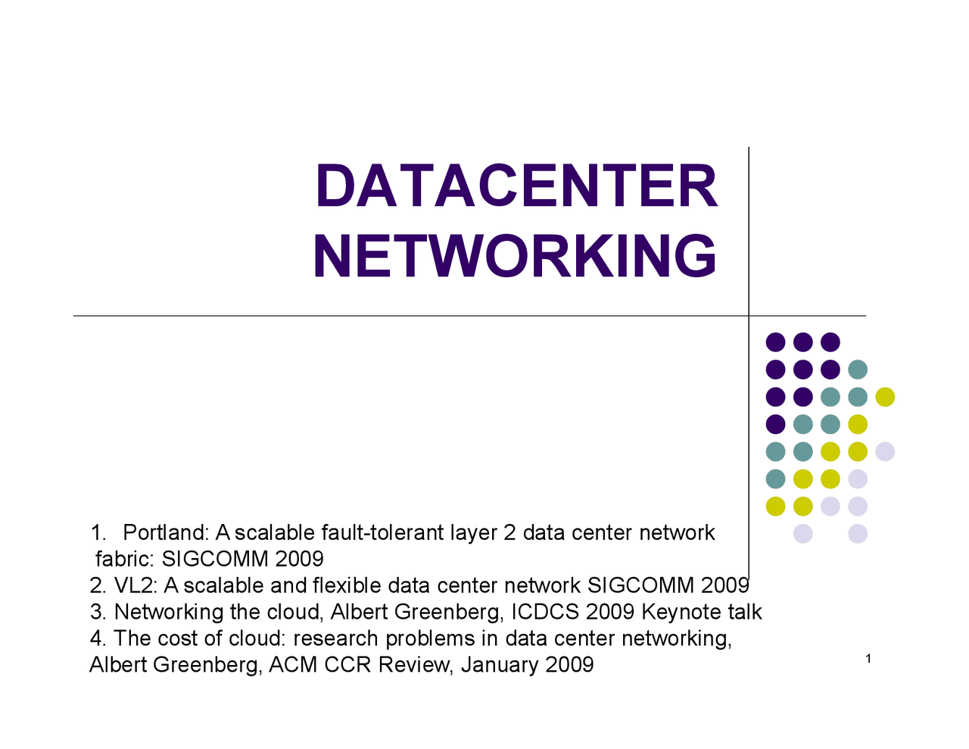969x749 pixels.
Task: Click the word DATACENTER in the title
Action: point(516,186)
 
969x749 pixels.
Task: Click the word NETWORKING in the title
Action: point(514,256)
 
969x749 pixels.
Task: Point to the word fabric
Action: point(125,560)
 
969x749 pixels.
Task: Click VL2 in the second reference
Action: point(132,586)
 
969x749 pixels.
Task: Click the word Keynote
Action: point(681,612)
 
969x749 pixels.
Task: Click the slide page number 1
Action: point(868,659)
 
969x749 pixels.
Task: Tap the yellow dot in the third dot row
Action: point(885,397)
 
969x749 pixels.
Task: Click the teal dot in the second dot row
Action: point(858,370)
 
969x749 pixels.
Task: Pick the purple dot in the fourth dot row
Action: point(775,424)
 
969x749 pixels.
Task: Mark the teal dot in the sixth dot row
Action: point(775,479)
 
